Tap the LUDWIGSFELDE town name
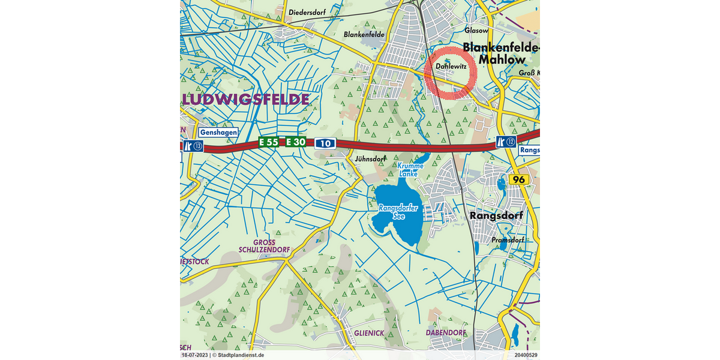pyautogui.click(x=246, y=99)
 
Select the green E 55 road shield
pyautogui.click(x=269, y=142)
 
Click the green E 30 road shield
pyautogui.click(x=295, y=142)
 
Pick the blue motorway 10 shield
pyautogui.click(x=325, y=143)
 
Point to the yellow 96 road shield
pyautogui.click(x=517, y=179)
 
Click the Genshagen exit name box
pyautogui.click(x=218, y=133)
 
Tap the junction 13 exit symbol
pyautogui.click(x=194, y=145)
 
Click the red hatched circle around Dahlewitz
pyautogui.click(x=451, y=72)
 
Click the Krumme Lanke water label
pyautogui.click(x=411, y=169)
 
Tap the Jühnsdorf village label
pyautogui.click(x=369, y=159)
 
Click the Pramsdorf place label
pyautogui.click(x=508, y=239)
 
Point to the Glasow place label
pyautogui.click(x=476, y=30)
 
